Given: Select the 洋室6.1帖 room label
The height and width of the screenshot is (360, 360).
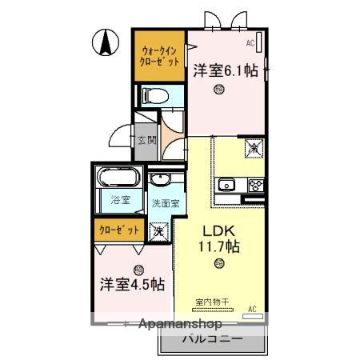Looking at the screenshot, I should click(225, 70).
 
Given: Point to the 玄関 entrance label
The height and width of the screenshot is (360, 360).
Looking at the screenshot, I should click(146, 140).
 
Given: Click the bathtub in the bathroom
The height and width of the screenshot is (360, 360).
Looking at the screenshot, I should click(119, 177).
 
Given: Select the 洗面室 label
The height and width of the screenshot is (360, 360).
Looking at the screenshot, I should click(165, 202).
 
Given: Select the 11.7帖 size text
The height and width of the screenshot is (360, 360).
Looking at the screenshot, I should click(218, 246).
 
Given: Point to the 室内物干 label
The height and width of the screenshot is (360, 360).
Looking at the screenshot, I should click(211, 302).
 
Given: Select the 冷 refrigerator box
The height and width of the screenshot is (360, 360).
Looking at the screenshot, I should click(254, 148).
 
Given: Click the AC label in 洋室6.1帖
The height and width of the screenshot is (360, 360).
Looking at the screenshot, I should click(250, 42).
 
